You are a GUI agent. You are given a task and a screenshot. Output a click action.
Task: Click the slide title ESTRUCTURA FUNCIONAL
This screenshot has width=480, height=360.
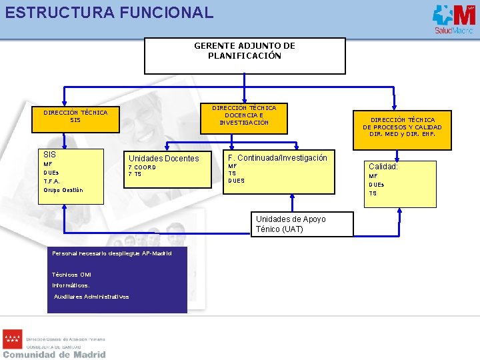[109, 12]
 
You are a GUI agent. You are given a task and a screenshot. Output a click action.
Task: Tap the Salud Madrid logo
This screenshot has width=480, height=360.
[453, 18]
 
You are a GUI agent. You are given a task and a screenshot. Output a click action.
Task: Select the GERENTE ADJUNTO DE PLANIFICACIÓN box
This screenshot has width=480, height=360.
[245, 55]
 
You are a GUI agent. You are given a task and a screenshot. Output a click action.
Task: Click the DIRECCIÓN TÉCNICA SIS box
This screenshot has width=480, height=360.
[75, 116]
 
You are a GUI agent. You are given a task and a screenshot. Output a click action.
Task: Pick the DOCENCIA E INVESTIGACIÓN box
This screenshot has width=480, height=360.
[244, 114]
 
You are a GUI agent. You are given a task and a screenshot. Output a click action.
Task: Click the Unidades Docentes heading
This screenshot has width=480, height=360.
[163, 159]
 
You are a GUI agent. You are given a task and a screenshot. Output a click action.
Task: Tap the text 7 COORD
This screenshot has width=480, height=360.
[142, 167]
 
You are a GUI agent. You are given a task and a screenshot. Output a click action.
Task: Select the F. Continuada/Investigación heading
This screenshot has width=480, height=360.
[277, 158]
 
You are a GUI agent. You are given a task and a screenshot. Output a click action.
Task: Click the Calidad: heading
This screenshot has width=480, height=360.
[383, 167]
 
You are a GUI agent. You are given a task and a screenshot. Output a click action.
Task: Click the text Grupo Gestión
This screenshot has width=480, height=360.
[63, 190]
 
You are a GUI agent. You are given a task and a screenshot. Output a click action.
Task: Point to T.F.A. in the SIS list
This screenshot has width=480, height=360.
[52, 181]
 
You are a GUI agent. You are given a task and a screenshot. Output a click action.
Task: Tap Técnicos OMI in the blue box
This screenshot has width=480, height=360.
[71, 275]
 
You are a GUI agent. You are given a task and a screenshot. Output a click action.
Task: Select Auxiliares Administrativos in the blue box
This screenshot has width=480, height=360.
[91, 297]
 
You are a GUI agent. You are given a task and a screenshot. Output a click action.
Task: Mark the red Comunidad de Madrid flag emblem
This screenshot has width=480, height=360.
[13, 339]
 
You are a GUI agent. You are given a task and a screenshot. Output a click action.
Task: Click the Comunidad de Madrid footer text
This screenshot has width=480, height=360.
[54, 355]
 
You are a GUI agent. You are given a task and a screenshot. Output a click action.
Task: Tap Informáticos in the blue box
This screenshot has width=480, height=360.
[71, 285]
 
